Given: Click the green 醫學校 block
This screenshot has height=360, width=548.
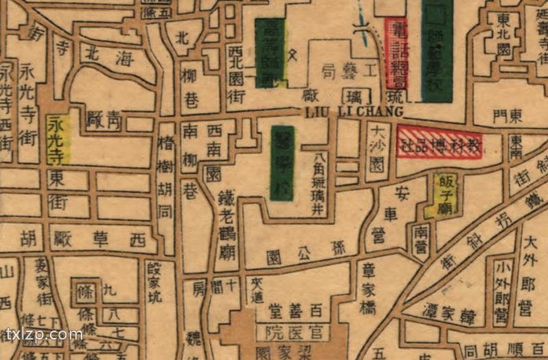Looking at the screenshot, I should [x=282, y=163].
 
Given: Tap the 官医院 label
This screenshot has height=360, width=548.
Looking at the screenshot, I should [x=293, y=333].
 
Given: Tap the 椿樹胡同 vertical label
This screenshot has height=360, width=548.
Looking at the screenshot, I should [x=165, y=178].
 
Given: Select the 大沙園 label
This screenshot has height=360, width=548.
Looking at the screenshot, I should [x=376, y=148].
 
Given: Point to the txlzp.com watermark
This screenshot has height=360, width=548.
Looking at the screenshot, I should [x=44, y=335].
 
